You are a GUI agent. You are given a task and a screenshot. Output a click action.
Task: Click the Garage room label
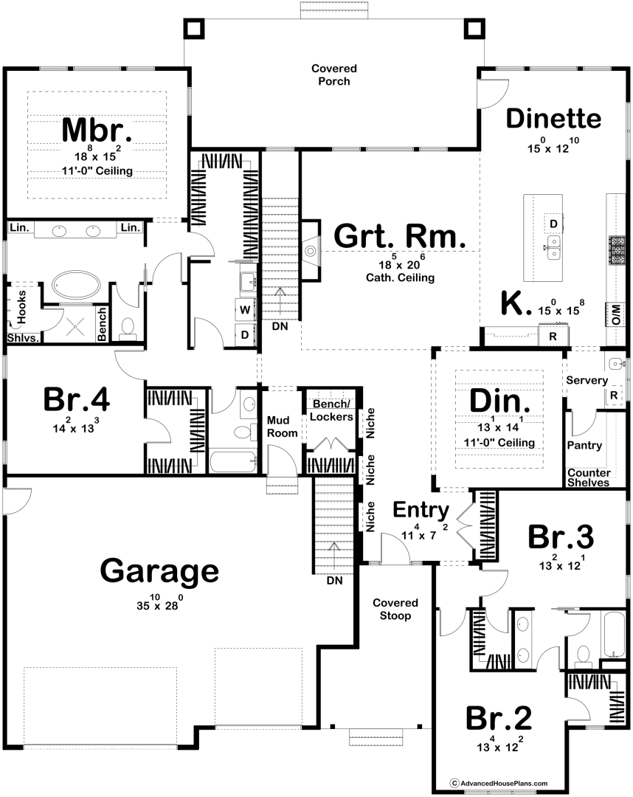159,571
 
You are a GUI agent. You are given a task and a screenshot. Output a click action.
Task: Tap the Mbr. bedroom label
97,130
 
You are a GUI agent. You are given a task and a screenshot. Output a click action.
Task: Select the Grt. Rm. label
399,236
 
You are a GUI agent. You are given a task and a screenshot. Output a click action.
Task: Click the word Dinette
554,118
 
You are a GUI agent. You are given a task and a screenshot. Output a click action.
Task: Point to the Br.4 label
77,399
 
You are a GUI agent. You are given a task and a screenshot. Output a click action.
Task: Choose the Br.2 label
499,718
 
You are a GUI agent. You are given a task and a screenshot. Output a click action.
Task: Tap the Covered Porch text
334,75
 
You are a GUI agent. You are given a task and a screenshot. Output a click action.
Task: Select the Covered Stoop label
395,609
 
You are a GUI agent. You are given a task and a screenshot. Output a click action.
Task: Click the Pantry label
584,445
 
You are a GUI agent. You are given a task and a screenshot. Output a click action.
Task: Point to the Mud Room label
282,427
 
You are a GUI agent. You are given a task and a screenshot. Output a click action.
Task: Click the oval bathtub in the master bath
76,285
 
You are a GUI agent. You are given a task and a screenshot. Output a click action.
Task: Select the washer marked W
245,309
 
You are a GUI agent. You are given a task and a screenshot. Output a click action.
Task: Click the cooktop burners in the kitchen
617,251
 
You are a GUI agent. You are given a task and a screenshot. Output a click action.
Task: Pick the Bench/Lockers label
331,410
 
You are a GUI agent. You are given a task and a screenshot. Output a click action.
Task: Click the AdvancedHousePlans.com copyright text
499,783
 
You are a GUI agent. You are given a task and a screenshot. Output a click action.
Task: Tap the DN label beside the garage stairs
335,581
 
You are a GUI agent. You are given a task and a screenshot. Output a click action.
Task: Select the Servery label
587,380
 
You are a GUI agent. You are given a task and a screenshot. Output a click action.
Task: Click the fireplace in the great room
311,250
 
